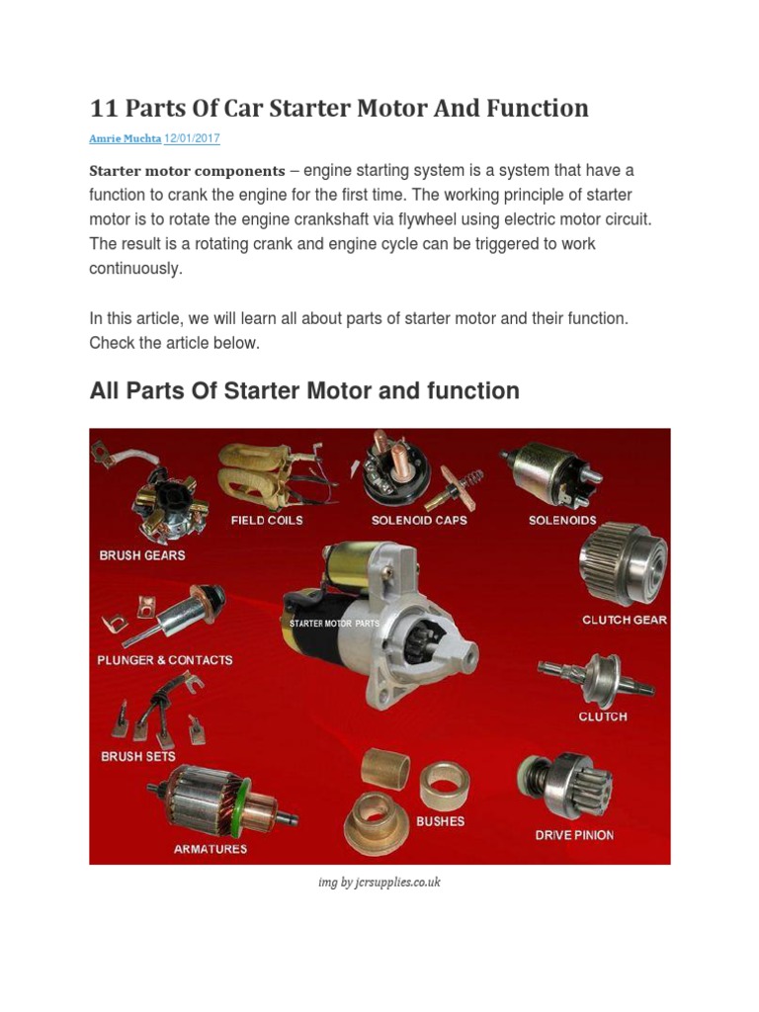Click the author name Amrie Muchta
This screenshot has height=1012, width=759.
coord(125,139)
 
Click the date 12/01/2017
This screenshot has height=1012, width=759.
coord(192,139)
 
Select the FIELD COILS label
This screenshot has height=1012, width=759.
coord(267,520)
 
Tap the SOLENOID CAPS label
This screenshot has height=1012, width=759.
coord(419,520)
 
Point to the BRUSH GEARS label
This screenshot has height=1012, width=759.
coord(142,555)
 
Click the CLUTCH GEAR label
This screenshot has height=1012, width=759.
coord(624,620)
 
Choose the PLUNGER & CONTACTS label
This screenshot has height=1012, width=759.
coord(165,659)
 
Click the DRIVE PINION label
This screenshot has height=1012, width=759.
coord(574,835)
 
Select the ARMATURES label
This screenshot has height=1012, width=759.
coord(211,849)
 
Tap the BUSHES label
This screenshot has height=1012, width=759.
coord(440,820)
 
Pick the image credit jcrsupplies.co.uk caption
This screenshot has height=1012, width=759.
coord(379,882)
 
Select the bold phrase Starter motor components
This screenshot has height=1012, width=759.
coord(187,171)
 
